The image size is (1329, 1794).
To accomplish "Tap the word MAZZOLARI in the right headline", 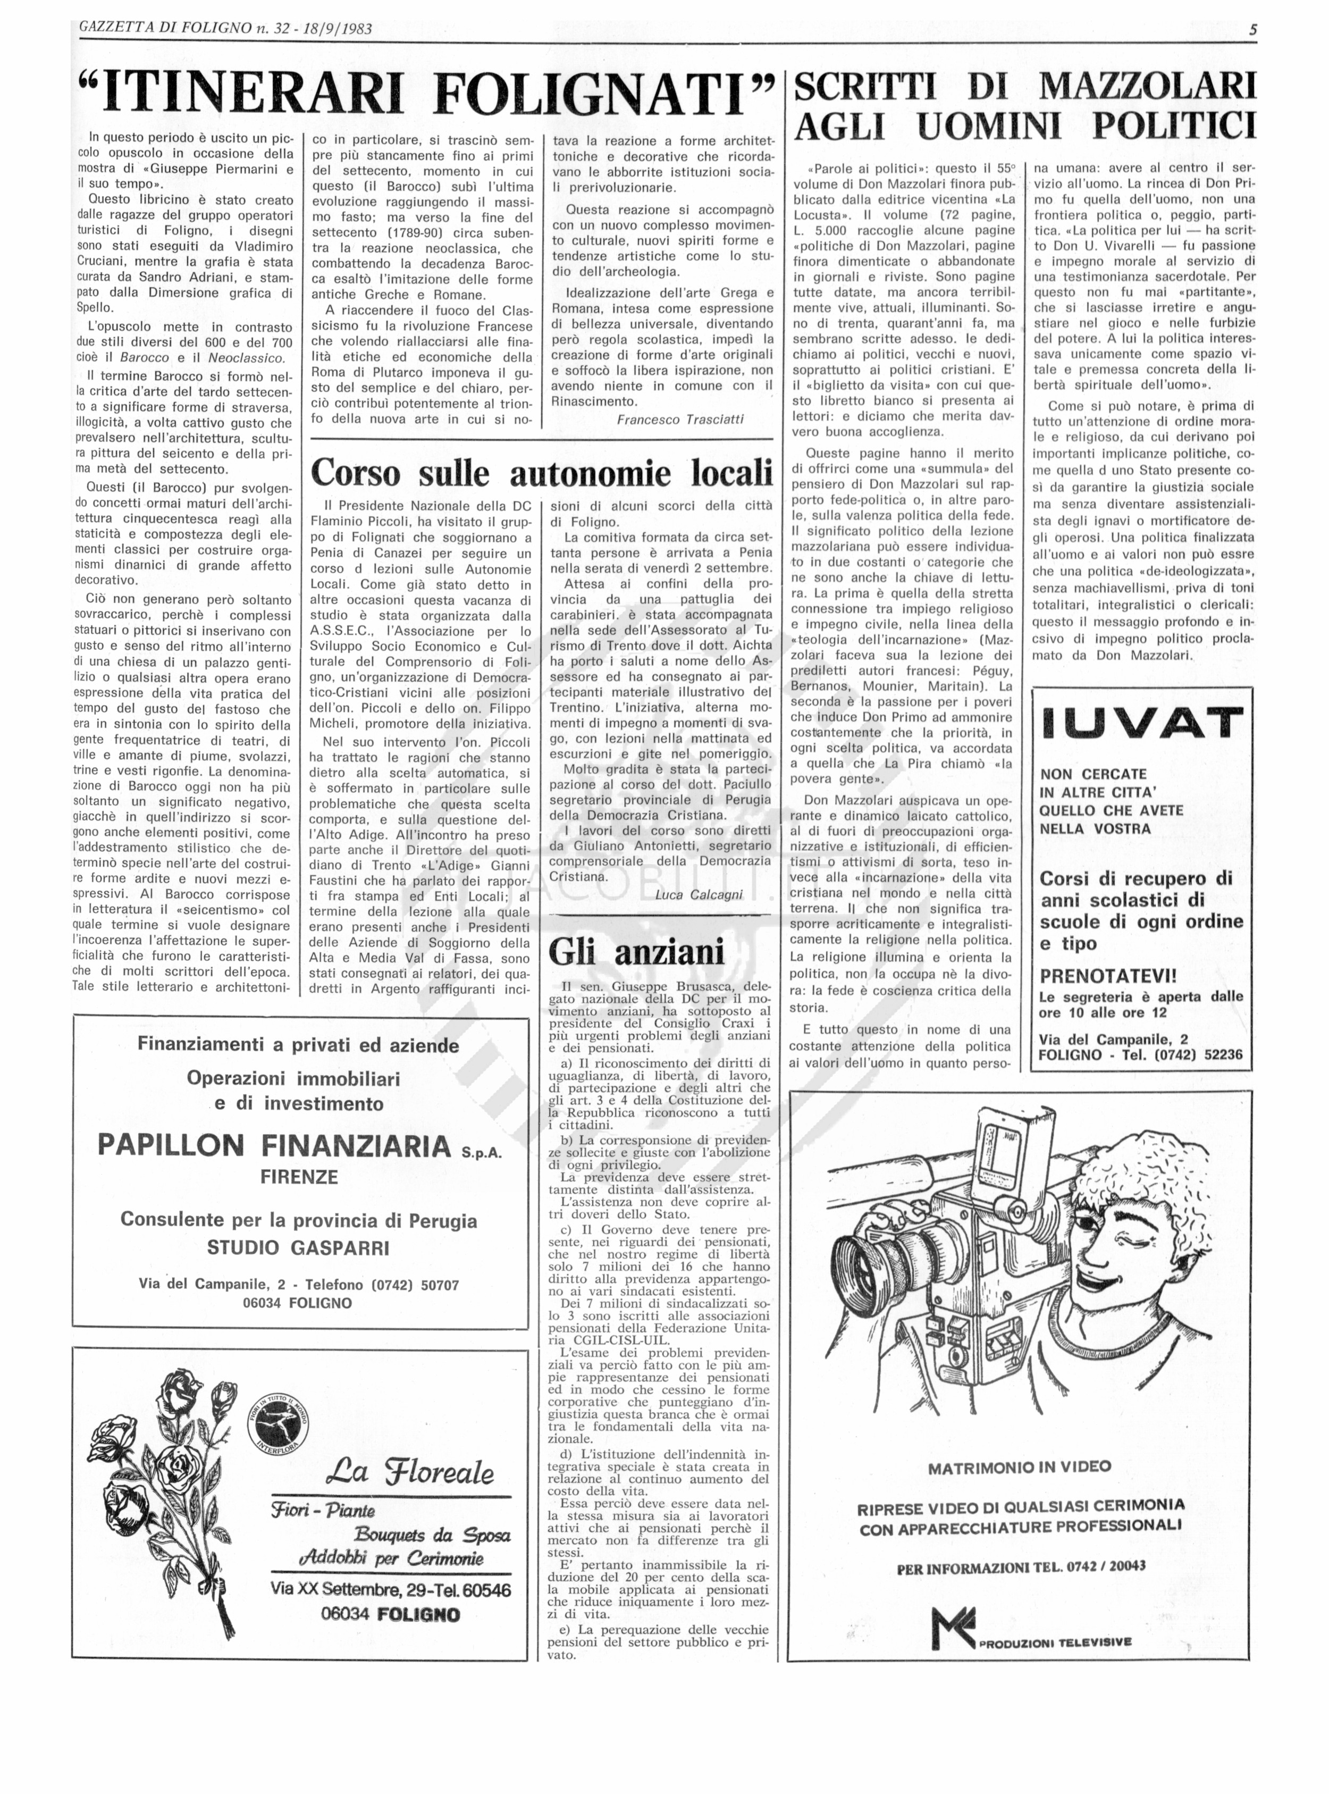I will pos(1146,86).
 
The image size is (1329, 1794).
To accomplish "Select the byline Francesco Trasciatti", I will pos(680,419).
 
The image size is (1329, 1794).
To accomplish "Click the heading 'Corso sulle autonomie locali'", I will pos(541,473).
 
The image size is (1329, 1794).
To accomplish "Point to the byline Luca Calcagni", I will pos(699,894).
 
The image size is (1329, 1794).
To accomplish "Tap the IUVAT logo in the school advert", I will pos(1141,723).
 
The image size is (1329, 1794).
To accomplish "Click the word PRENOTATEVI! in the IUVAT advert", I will pos(1108,976).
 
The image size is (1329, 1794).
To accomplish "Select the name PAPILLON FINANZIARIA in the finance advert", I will pos(274,1145).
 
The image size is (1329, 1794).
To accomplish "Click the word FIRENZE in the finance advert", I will pos(298,1177).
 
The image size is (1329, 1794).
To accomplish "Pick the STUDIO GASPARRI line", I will pos(298,1248).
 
